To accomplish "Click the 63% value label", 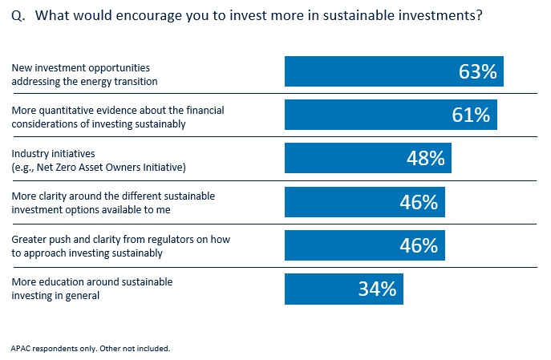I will [x=479, y=72].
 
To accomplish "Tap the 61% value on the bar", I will [x=470, y=115].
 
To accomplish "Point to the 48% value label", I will [x=425, y=158].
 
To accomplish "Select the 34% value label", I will [x=377, y=289].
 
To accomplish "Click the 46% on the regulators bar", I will [x=419, y=245].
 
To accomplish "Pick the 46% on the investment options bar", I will [x=419, y=202].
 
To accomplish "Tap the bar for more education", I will [x=321, y=289].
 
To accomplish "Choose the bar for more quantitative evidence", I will [x=361, y=115].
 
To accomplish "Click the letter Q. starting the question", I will [x=17, y=15].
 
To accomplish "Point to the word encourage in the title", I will [x=138, y=15].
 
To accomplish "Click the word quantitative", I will [x=69, y=111].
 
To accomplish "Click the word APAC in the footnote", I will [x=22, y=349].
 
